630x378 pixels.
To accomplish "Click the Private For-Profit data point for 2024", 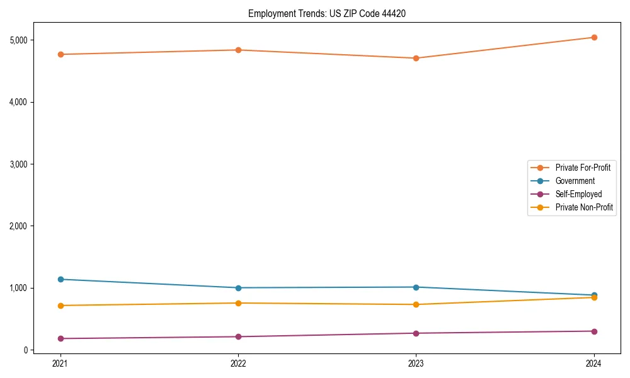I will (x=594, y=37).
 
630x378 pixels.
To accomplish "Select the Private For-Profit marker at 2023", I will (x=416, y=58).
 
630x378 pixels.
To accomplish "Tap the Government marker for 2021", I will (x=60, y=279).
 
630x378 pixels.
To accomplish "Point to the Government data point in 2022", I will (x=238, y=288).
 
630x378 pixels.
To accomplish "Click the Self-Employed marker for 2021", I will (x=60, y=338).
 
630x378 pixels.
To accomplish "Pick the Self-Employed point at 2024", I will (x=594, y=331).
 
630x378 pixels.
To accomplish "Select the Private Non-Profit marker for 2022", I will (x=238, y=303).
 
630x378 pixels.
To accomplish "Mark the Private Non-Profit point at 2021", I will (x=60, y=306).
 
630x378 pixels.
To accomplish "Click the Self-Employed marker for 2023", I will (x=416, y=333).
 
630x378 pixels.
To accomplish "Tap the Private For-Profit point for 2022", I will (x=238, y=50).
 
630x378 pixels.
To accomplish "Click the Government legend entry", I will (x=575, y=181).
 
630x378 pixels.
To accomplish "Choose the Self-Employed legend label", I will (x=578, y=194).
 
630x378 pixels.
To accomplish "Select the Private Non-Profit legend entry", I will (x=584, y=207).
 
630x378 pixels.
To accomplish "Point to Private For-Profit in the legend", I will (x=583, y=168).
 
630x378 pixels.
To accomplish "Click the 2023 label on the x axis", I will (x=416, y=364).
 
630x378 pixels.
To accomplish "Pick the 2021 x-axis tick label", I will (x=60, y=364).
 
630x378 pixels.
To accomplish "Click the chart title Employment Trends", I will (x=326, y=14).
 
